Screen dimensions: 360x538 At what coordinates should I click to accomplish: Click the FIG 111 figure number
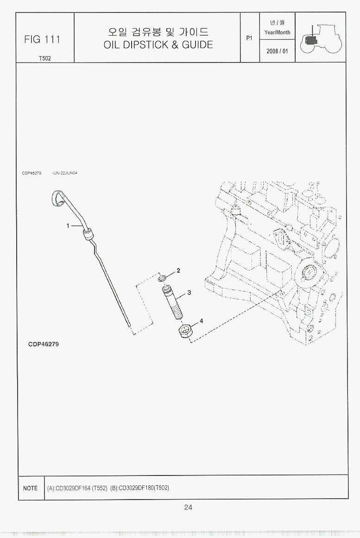[x=42, y=39]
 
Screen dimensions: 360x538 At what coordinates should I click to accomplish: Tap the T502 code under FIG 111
[x=44, y=58]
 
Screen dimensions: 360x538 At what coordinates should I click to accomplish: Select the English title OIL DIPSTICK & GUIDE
[x=158, y=44]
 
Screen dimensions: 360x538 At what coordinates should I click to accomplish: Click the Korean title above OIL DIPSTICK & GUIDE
[x=158, y=32]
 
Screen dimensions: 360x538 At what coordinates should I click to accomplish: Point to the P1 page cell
[x=249, y=38]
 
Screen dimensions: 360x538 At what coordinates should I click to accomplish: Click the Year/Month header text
[x=277, y=32]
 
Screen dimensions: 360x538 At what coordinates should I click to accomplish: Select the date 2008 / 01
[x=277, y=51]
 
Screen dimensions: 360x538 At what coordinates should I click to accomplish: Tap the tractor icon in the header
[x=321, y=38]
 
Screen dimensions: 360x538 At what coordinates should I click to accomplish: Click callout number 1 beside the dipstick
[x=68, y=225]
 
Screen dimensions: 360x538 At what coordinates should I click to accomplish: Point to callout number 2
[x=178, y=270]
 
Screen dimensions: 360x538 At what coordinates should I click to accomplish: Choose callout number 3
[x=189, y=293]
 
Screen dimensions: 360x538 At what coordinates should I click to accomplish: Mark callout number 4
[x=201, y=321]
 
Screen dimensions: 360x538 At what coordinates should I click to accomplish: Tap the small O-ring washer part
[x=163, y=278]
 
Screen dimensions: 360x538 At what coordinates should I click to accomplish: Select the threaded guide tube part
[x=172, y=303]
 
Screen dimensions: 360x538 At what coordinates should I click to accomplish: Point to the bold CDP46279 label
[x=43, y=344]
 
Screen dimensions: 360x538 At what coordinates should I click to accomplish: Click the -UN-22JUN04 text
[x=64, y=173]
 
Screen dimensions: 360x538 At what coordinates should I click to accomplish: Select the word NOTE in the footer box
[x=30, y=488]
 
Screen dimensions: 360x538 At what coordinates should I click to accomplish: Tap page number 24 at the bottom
[x=188, y=507]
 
